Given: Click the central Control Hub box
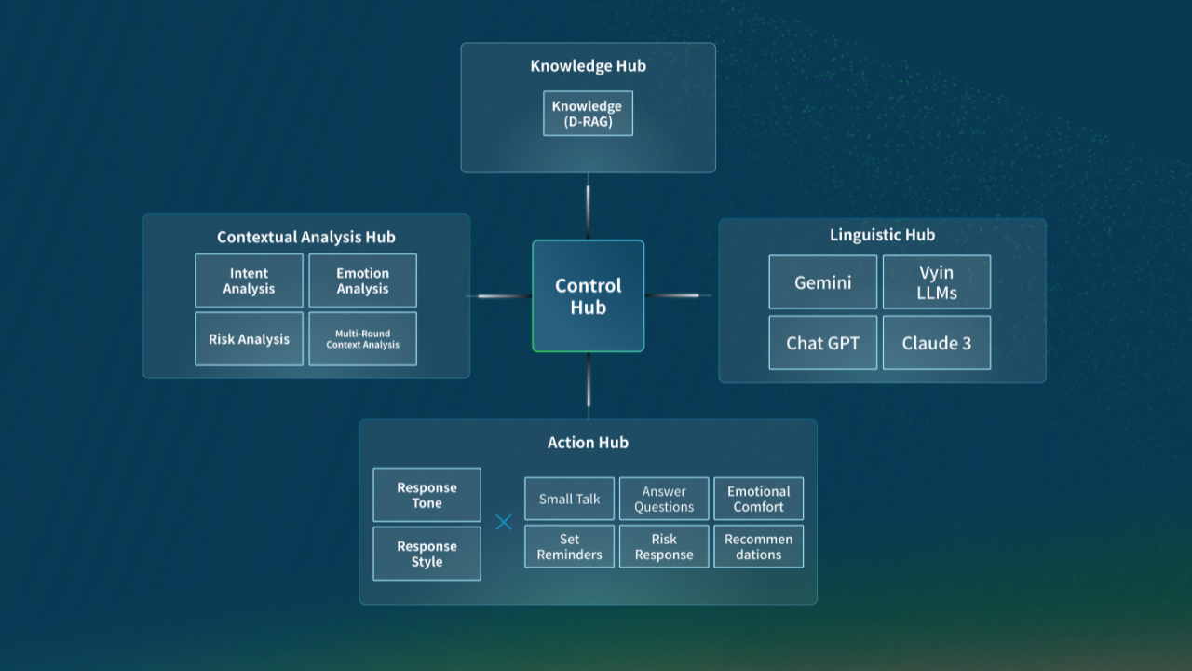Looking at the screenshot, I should point(588,296).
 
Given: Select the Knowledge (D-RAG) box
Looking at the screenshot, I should point(588,114).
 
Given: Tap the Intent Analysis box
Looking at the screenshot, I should point(249,281).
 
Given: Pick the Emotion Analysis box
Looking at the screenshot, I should point(362,281).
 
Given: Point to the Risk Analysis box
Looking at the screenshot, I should point(249,339).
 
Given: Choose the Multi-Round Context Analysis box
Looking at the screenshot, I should point(362,339).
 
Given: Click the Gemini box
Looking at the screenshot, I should point(822,282).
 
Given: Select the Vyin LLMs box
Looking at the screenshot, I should point(936,282).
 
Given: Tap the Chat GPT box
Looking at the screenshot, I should point(822,343).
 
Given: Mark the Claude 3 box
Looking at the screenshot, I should point(936,343).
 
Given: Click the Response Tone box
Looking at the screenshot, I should point(427,495).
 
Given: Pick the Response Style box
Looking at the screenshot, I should point(427,554).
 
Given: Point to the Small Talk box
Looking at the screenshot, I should point(569,499).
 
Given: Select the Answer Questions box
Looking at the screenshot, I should point(664,499).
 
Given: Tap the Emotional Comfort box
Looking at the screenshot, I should point(758,499).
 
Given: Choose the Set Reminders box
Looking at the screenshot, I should point(569,546).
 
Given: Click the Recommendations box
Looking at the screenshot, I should point(758,546).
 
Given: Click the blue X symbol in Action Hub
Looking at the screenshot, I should point(504,523).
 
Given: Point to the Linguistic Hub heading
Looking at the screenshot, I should point(882,235).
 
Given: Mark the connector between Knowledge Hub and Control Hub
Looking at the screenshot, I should point(588,206).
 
